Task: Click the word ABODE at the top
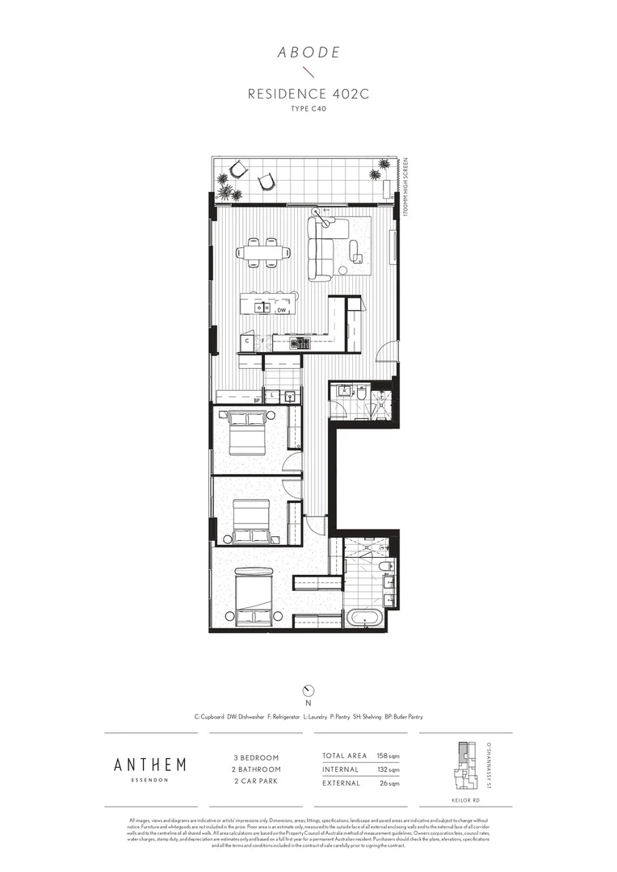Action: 308,53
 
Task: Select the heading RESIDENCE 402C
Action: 308,95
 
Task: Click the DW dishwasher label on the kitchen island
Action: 282,310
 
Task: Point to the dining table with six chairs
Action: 264,252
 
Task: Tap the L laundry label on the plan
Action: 275,396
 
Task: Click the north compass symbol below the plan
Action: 308,690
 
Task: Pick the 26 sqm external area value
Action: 390,783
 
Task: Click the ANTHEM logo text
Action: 149,765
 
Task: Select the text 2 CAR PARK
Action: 256,782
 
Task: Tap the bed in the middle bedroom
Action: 251,522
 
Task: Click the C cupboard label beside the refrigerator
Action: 247,342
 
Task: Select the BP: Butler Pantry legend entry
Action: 403,716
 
